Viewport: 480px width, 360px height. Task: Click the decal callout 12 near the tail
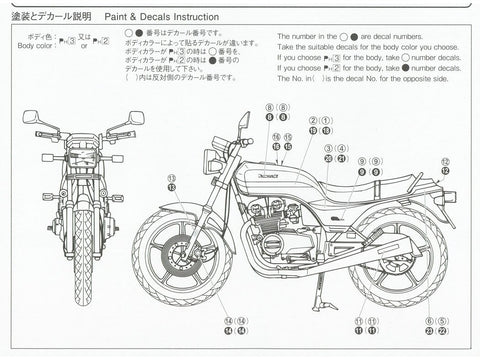(x=445, y=165)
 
